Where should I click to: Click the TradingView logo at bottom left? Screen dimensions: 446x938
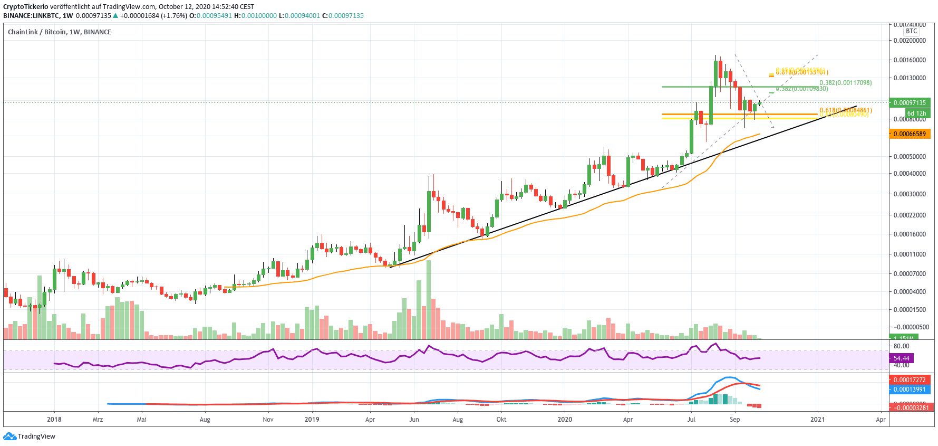click(x=29, y=436)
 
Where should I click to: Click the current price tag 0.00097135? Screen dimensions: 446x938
click(x=910, y=103)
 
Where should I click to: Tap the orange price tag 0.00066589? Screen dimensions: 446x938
click(x=910, y=134)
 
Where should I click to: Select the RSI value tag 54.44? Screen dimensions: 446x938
click(x=902, y=358)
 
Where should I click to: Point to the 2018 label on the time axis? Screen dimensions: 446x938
click(x=54, y=420)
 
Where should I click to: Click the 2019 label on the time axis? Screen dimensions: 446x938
click(x=312, y=420)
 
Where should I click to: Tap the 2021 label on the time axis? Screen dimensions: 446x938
click(x=817, y=420)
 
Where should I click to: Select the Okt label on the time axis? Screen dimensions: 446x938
click(x=501, y=420)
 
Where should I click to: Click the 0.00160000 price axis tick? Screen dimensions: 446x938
click(x=910, y=60)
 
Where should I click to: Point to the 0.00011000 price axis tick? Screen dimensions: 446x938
click(x=910, y=254)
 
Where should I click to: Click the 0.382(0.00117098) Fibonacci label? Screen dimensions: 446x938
click(x=845, y=83)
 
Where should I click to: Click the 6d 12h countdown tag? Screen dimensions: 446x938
click(x=916, y=113)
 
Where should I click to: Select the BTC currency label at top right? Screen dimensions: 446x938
click(x=911, y=31)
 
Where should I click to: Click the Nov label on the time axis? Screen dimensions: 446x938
click(x=268, y=420)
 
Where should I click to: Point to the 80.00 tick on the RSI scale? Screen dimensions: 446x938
click(x=901, y=347)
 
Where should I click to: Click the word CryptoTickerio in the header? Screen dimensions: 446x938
click(x=26, y=7)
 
